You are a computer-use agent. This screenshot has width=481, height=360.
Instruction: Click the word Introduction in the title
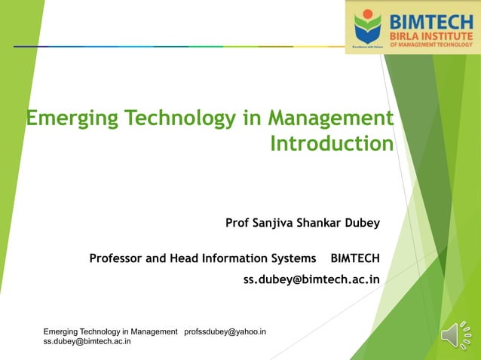(x=332, y=143)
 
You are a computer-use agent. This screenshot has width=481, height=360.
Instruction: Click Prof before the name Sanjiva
(x=238, y=223)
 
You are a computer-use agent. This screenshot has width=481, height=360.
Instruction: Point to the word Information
(x=245, y=258)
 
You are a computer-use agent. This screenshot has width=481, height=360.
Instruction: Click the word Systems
(x=298, y=258)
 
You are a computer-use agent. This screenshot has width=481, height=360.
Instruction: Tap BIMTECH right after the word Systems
(x=355, y=258)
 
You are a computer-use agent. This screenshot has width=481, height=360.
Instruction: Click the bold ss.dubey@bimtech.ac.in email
(x=311, y=279)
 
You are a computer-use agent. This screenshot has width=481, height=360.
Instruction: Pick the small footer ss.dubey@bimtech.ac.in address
(x=87, y=341)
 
